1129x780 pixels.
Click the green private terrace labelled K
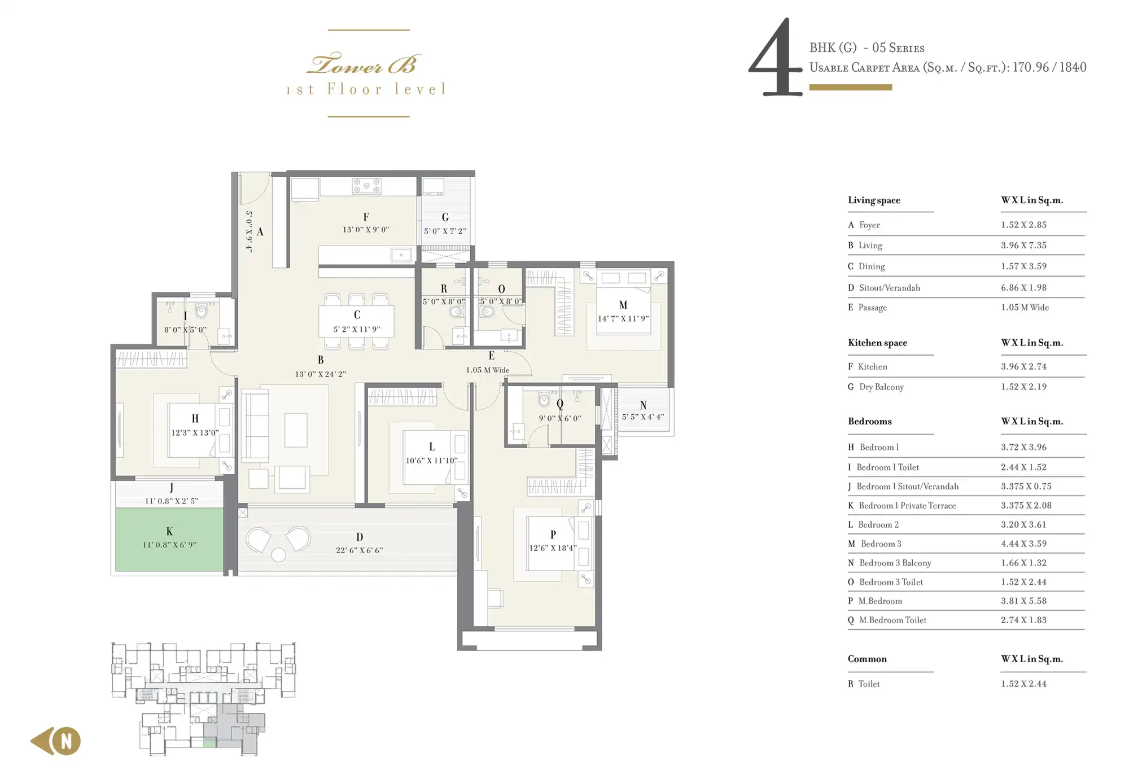coord(169,540)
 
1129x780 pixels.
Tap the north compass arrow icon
coord(56,741)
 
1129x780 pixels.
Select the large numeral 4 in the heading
coord(776,56)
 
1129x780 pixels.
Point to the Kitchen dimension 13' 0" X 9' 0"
coord(366,230)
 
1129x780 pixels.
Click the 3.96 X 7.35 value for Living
coord(1023,245)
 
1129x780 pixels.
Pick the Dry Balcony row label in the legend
coord(881,387)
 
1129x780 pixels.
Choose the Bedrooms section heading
coord(869,421)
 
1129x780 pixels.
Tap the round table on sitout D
coord(278,555)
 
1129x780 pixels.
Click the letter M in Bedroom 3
coord(623,305)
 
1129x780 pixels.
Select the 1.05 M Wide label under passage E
coord(488,370)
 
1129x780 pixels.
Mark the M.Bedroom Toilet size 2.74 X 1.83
coord(1023,620)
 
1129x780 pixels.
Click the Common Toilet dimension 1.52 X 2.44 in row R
coord(1023,683)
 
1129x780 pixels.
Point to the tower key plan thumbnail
coord(203,699)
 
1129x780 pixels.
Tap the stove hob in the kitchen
coord(366,186)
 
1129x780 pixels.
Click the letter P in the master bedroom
coord(553,534)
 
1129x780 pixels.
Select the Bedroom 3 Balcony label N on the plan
coord(643,405)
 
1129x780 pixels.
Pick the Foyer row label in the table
coord(869,225)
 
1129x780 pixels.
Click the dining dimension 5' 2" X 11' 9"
coord(357,330)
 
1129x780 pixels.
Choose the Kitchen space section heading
coord(877,343)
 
